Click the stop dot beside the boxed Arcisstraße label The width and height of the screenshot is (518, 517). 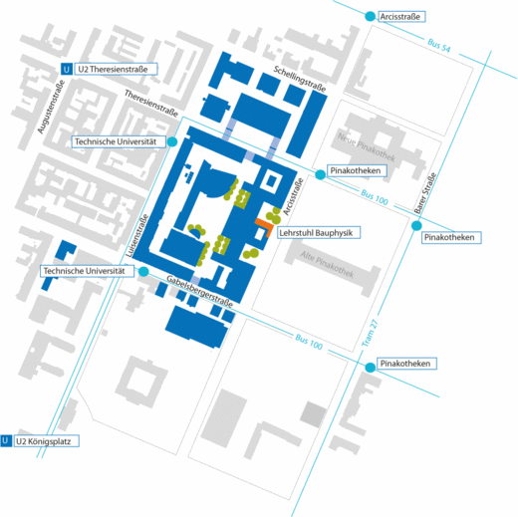370,16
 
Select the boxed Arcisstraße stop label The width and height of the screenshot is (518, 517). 401,17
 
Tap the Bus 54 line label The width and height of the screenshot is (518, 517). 439,46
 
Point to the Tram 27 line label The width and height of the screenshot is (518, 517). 370,333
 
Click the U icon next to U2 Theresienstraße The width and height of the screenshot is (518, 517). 67,69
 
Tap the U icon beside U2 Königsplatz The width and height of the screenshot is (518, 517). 6,441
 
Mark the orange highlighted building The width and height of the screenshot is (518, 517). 265,226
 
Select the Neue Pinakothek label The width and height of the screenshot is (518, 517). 367,147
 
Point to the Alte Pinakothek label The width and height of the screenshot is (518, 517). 327,264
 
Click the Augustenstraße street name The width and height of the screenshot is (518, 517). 51,107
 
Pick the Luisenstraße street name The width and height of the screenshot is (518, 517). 137,236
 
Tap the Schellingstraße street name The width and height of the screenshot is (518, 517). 300,79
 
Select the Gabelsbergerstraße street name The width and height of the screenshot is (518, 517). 199,291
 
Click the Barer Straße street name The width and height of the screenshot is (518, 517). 424,193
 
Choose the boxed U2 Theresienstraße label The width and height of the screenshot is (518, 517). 116,69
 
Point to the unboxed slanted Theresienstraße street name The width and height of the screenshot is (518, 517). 151,104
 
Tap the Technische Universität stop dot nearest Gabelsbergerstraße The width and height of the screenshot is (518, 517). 143,271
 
